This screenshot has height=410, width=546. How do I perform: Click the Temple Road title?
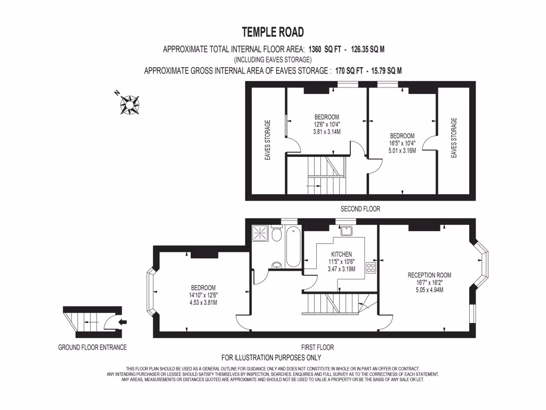(273, 32)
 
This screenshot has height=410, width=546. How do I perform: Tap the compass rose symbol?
(130, 104)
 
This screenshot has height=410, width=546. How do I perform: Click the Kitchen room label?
(341, 254)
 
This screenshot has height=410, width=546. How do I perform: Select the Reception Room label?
(429, 275)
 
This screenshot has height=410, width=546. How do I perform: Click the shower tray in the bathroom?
(261, 233)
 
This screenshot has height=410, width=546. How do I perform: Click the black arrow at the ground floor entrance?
(122, 322)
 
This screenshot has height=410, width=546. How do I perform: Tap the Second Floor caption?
(360, 209)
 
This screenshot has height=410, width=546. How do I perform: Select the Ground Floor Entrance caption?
(92, 348)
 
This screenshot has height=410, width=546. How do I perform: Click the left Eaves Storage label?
(268, 140)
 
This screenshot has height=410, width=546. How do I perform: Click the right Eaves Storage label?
(454, 138)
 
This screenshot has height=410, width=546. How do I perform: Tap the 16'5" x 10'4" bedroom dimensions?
(402, 143)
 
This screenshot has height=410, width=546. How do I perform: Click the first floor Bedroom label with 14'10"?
(203, 288)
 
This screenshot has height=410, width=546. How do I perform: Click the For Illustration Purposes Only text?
(271, 358)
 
